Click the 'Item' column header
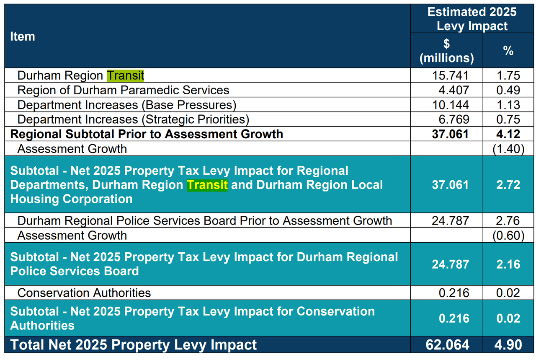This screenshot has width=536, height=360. click(x=23, y=36)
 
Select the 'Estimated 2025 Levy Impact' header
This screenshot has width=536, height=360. click(x=472, y=18)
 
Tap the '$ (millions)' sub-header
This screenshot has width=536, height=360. click(x=446, y=51)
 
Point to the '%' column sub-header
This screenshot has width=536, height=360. click(x=508, y=51)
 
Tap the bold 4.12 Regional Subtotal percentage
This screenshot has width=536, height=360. click(x=508, y=134)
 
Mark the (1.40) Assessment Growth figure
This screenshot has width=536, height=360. click(x=508, y=149)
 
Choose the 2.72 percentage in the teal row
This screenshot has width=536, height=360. click(x=508, y=185)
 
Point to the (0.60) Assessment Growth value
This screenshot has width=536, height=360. click(x=508, y=235)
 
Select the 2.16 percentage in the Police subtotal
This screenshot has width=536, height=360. click(x=508, y=264)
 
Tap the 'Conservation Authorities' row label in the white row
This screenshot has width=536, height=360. click(x=84, y=293)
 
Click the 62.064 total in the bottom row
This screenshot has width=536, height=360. click(x=448, y=345)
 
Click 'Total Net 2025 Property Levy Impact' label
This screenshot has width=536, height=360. click(x=134, y=345)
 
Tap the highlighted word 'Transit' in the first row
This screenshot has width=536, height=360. click(x=126, y=75)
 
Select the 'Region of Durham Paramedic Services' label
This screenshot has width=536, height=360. click(x=123, y=90)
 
